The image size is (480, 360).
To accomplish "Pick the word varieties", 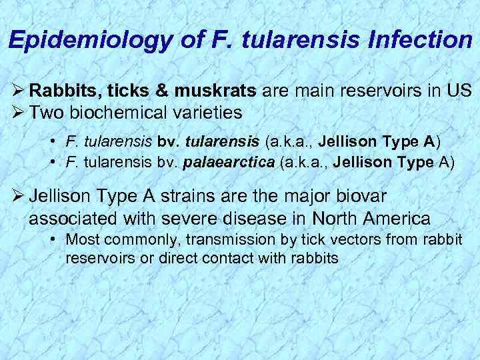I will point(210,113).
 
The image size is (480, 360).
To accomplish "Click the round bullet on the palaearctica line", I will point(53,161).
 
